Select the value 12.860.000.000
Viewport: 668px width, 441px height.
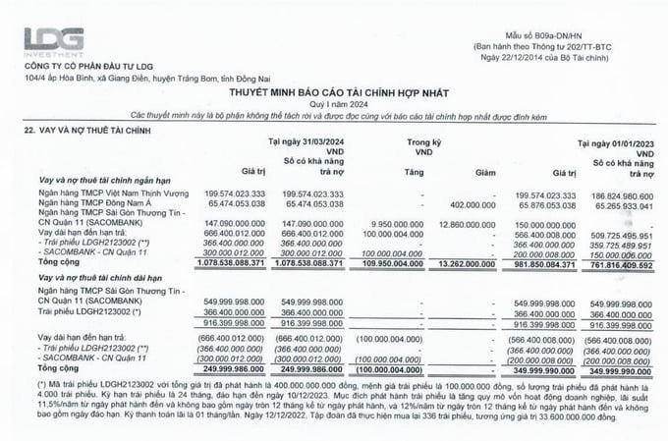466,225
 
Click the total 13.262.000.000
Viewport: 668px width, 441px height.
466,263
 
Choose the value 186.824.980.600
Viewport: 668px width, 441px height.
618,194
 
